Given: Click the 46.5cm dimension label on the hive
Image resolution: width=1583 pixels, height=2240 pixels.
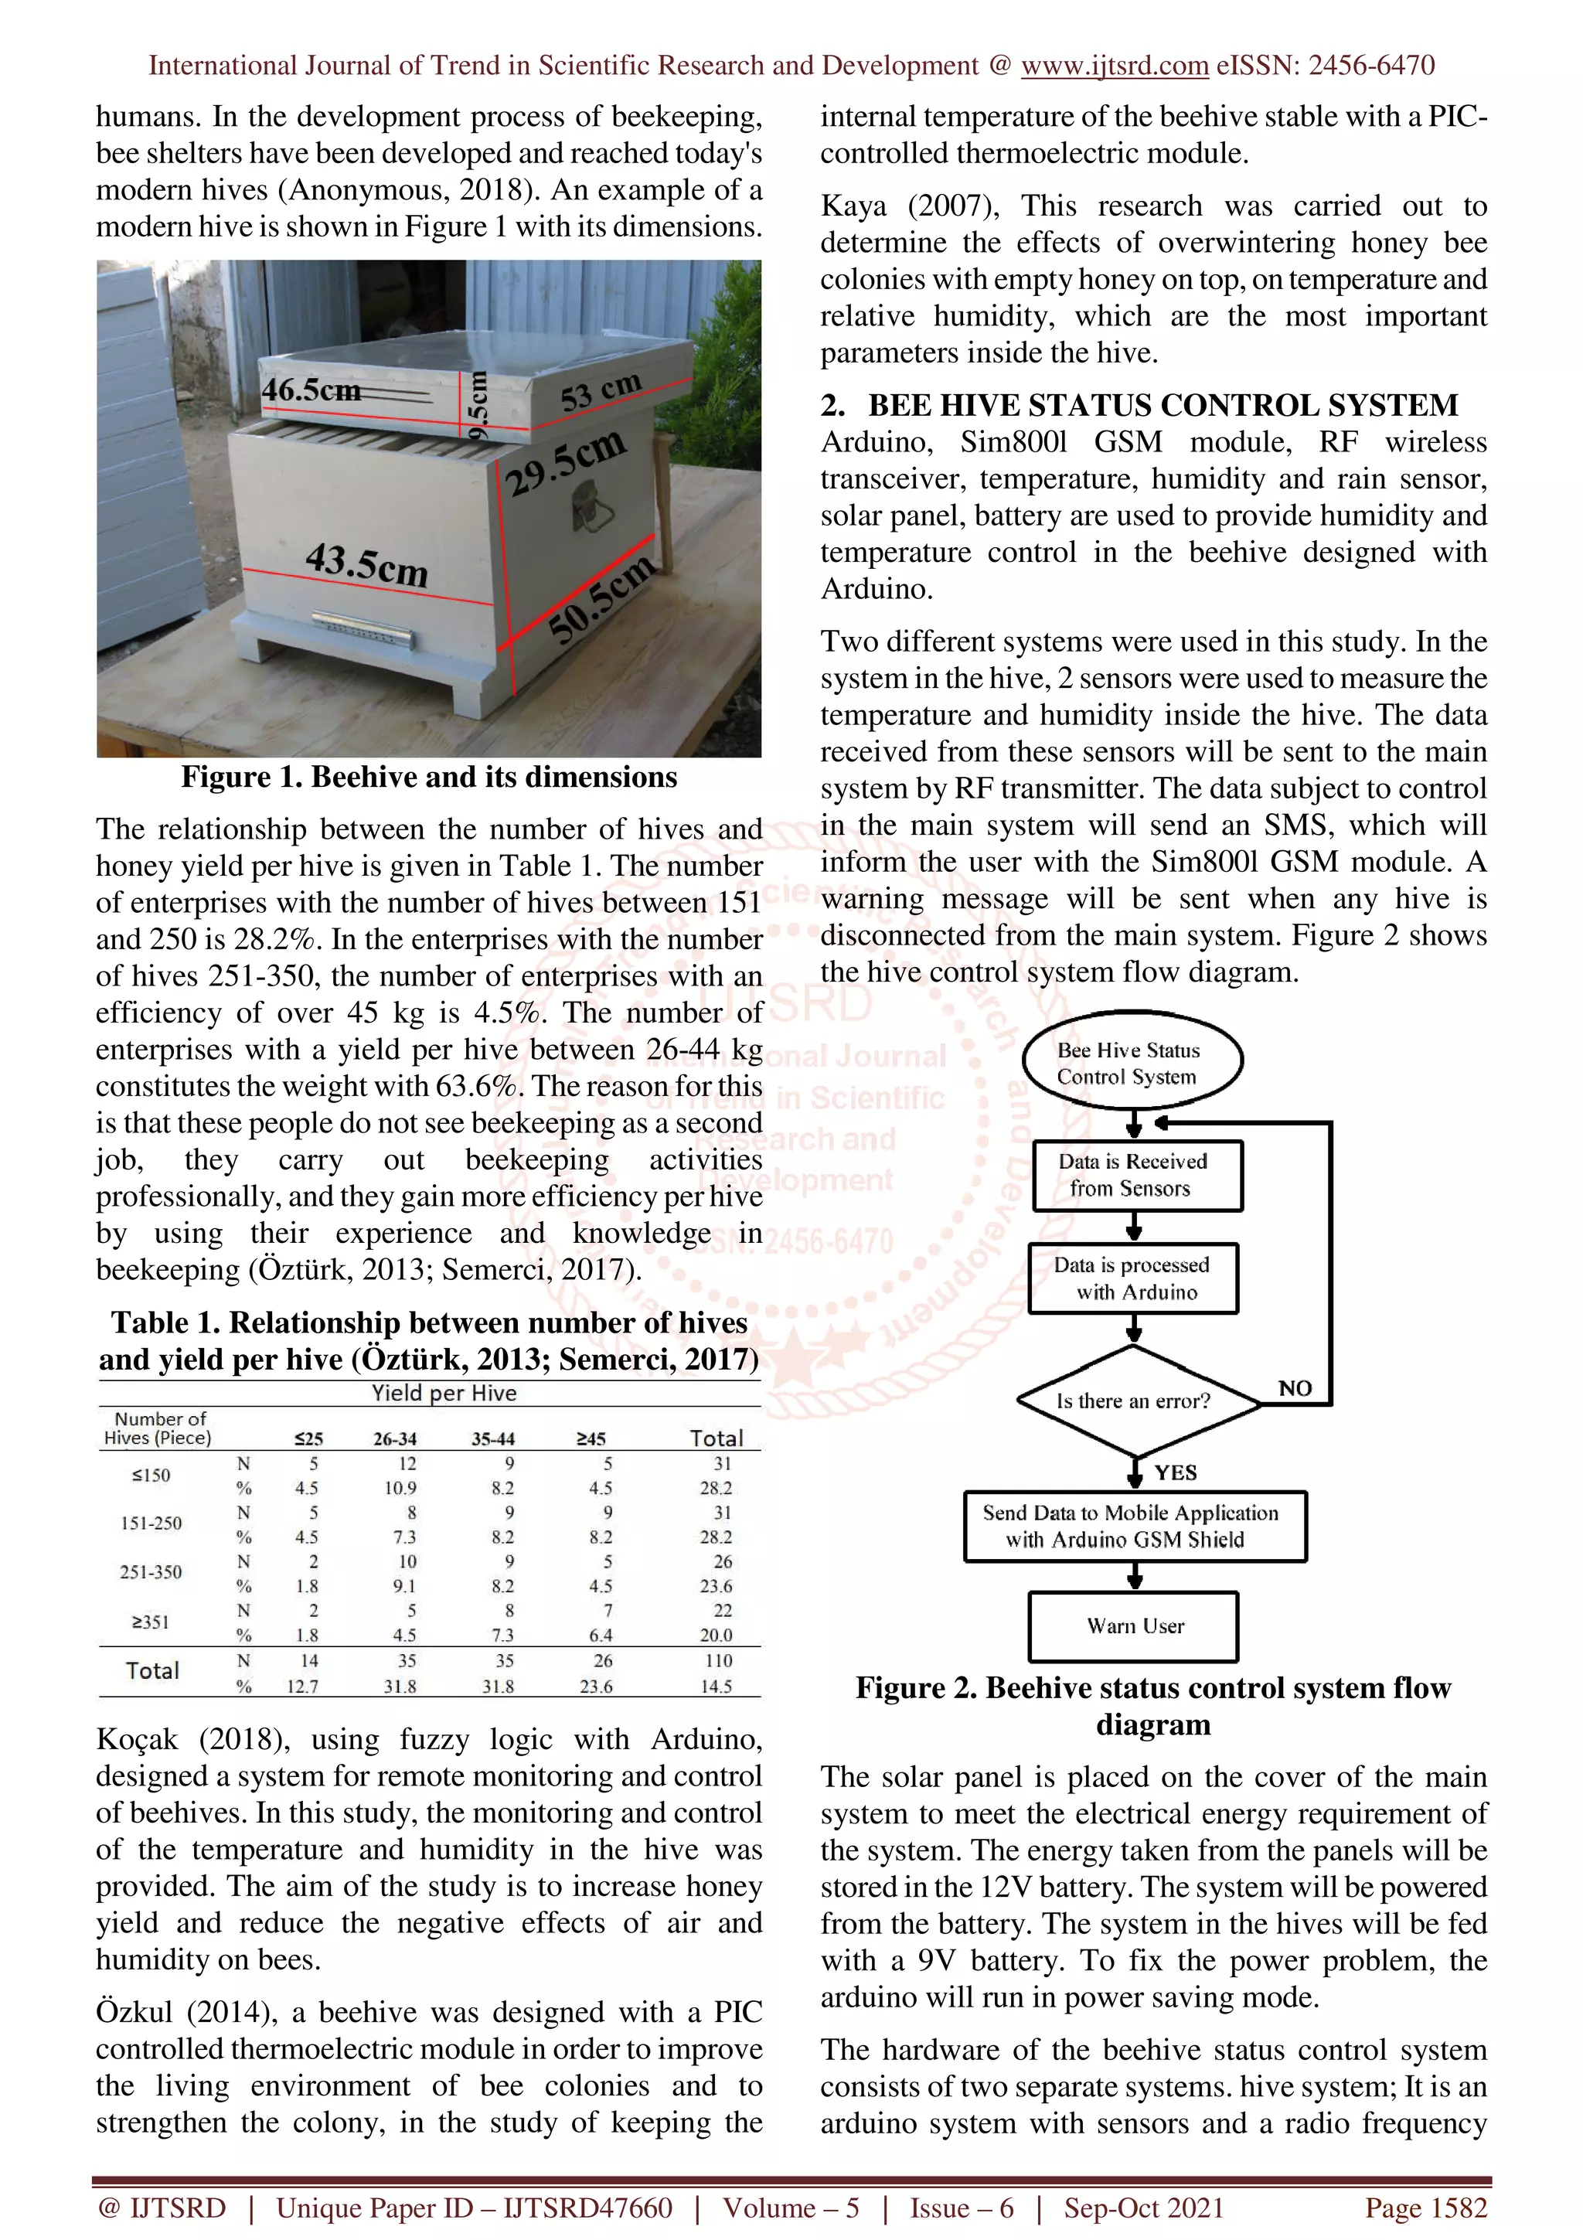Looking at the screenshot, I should point(310,390).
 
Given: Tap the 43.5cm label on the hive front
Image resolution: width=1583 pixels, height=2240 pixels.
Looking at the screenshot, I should point(366,564).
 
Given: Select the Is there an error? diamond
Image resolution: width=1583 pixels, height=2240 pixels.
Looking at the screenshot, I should point(1132,1401).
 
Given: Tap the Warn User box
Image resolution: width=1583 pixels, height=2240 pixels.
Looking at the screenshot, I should point(1133,1626).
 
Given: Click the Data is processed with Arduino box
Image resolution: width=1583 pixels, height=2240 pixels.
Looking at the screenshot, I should point(1133,1278).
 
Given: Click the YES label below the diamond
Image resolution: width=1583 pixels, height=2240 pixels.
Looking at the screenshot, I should point(1176,1472).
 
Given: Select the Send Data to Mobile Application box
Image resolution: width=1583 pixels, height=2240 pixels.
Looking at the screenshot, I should point(1133,1526).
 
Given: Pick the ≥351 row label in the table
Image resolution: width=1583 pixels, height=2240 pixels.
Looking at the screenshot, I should point(151,1622).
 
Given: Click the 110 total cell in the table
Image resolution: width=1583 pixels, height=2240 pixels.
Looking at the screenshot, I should point(718,1660).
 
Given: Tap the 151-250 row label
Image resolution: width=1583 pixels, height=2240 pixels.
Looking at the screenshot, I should point(151,1523).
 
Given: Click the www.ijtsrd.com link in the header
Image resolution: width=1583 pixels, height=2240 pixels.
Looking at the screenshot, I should point(1114,66).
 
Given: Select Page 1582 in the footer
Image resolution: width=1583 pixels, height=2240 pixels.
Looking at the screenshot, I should point(1425,2207).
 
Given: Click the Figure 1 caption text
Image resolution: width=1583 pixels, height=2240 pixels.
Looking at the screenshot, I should point(428,778).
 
